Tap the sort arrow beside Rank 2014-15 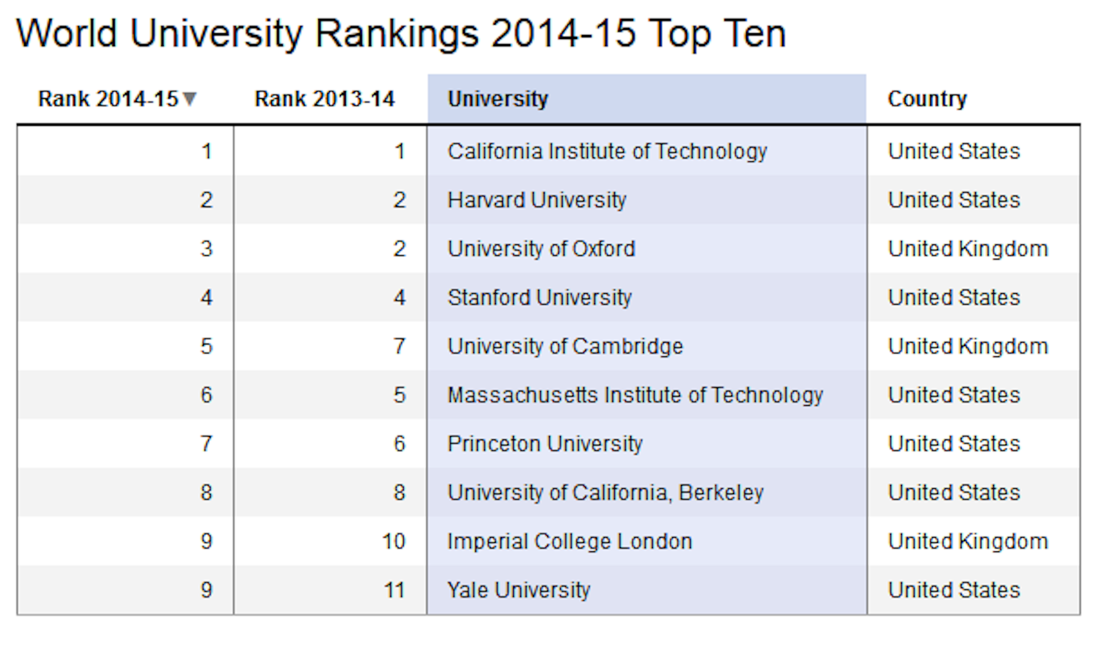pyautogui.click(x=190, y=99)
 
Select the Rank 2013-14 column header pyautogui.click(x=325, y=99)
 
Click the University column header pyautogui.click(x=498, y=99)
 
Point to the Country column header pyautogui.click(x=927, y=99)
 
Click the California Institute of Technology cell pyautogui.click(x=607, y=151)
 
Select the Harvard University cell pyautogui.click(x=537, y=200)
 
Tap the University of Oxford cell pyautogui.click(x=541, y=249)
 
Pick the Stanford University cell pyautogui.click(x=539, y=298)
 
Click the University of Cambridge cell pyautogui.click(x=565, y=347)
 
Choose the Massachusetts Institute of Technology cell pyautogui.click(x=635, y=395)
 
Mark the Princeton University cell pyautogui.click(x=545, y=444)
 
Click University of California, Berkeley pyautogui.click(x=606, y=493)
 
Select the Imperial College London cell pyautogui.click(x=569, y=542)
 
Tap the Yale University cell pyautogui.click(x=518, y=590)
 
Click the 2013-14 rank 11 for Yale pyautogui.click(x=394, y=590)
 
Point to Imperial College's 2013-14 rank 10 pyautogui.click(x=393, y=542)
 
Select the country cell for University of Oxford pyautogui.click(x=967, y=249)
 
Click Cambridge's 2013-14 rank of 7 pyautogui.click(x=399, y=347)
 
